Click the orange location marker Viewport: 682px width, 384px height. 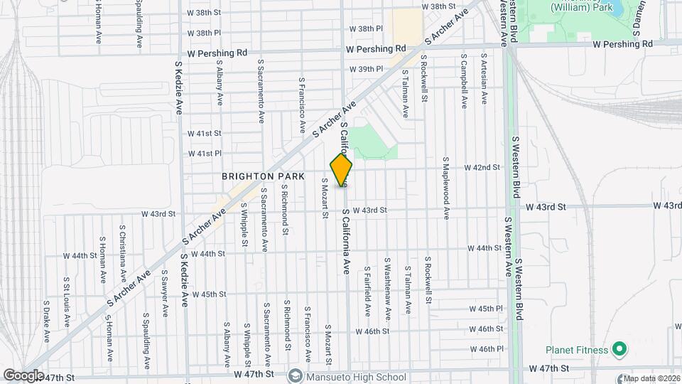[x=341, y=171]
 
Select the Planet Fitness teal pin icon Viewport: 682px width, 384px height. [x=619, y=350]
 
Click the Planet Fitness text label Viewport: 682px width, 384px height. [x=576, y=350]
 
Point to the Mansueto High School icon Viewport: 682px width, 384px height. [x=296, y=375]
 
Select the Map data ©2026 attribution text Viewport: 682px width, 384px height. [x=649, y=378]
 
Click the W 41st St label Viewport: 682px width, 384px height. [x=205, y=133]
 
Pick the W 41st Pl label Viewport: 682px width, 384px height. [x=205, y=153]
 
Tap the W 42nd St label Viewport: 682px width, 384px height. [x=482, y=167]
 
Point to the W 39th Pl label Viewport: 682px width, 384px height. [x=366, y=69]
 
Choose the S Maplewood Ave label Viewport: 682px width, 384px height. [x=446, y=188]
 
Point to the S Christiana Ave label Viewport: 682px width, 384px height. [x=122, y=252]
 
